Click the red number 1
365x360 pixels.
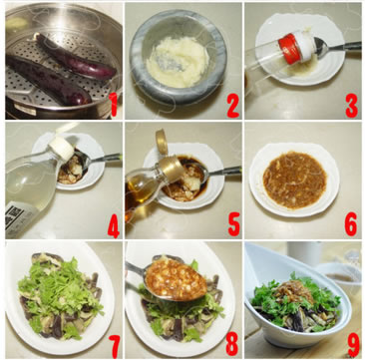[x=114, y=105]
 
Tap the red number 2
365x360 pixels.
[x=233, y=105]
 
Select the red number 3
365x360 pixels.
[x=352, y=106]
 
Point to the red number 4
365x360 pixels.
[x=114, y=226]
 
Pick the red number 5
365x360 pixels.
[x=234, y=225]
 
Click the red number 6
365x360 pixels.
[x=351, y=224]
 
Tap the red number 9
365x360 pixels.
[x=353, y=345]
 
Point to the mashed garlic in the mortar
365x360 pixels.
[x=178, y=62]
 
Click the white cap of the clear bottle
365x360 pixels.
[x=62, y=150]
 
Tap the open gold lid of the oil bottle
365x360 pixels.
[x=162, y=142]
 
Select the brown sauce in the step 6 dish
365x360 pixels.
[x=294, y=180]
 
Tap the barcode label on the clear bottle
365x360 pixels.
[x=14, y=215]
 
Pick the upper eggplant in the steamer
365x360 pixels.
[x=76, y=57]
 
